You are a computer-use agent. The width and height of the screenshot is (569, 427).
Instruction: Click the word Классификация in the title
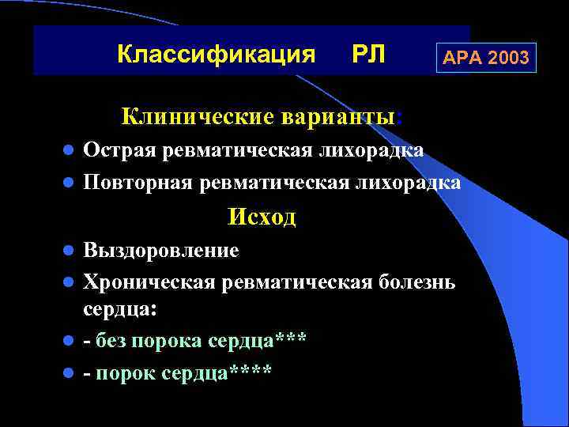click(216, 55)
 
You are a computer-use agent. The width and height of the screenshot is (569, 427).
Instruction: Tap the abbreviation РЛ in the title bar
click(367, 55)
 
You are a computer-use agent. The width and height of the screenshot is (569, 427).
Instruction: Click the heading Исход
click(262, 217)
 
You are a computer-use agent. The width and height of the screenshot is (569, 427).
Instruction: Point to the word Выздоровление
click(161, 251)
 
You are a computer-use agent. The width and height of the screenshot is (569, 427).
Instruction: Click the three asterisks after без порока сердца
click(291, 341)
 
